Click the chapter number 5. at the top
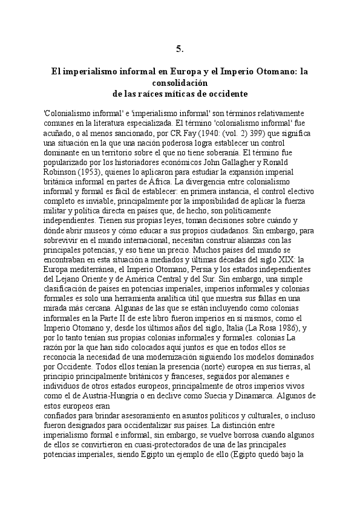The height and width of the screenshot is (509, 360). point(180,48)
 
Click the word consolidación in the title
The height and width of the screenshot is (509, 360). point(180,82)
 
